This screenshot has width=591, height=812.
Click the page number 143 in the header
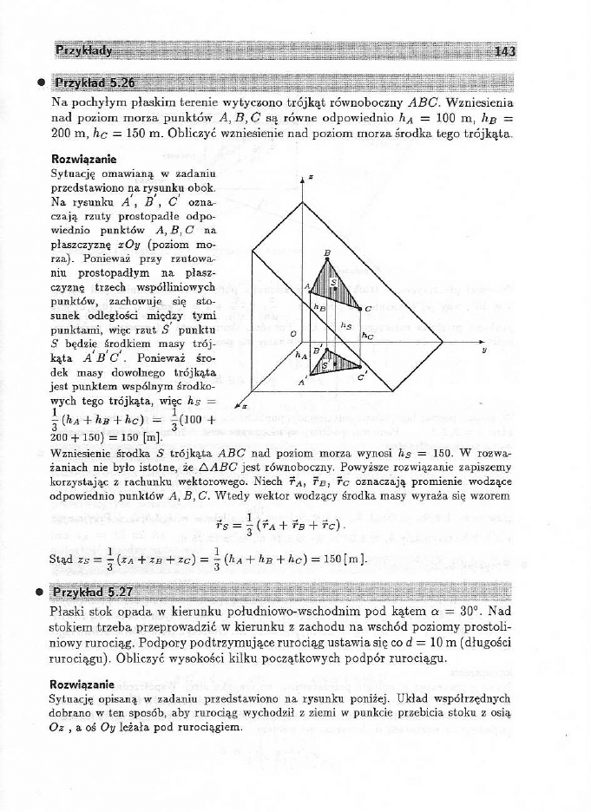[x=504, y=51]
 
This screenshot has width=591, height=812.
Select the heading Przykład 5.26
[x=95, y=84]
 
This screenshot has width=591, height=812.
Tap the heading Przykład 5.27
[x=95, y=593]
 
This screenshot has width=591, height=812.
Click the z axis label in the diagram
[x=311, y=177]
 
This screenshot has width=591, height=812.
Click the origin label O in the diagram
[x=293, y=333]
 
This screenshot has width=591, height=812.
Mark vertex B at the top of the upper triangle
[x=327, y=252]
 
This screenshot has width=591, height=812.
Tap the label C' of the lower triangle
[x=362, y=378]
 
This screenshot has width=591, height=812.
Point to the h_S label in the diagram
[x=346, y=325]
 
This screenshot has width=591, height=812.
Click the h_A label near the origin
[x=301, y=356]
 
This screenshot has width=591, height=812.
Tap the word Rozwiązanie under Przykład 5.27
[x=82, y=684]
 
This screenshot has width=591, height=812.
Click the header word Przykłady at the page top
[x=84, y=51]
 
